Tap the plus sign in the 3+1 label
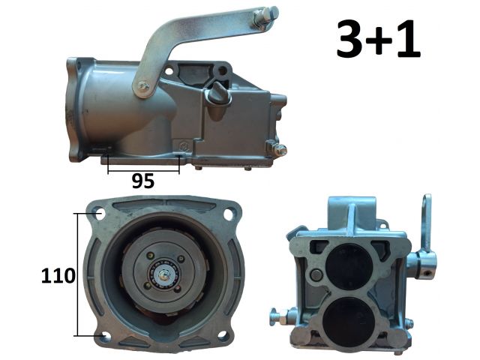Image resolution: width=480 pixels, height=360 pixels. [x=379, y=40]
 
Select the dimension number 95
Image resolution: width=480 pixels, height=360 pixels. [x=143, y=181]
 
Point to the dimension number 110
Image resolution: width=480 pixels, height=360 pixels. [x=58, y=275]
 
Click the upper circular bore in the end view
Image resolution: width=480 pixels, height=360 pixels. [x=349, y=267]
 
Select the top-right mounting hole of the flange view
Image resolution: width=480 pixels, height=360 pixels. [x=229, y=214]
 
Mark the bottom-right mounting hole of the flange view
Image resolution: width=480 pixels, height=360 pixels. [x=223, y=335]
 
